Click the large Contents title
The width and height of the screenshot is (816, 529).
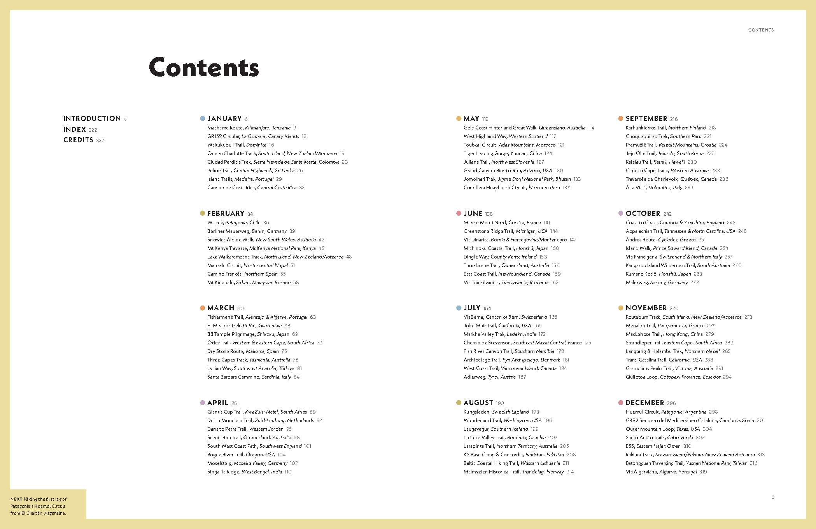[204, 68]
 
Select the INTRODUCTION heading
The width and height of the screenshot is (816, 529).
[92, 119]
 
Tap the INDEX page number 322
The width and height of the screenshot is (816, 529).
[93, 130]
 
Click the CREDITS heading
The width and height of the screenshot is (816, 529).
[78, 140]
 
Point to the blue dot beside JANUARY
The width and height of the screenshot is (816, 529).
[202, 119]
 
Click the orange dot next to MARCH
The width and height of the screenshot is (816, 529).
[202, 308]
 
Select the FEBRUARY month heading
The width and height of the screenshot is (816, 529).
[226, 213]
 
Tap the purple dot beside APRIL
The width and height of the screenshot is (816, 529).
[202, 403]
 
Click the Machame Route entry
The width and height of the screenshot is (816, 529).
[249, 128]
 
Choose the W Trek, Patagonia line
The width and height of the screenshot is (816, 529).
[234, 223]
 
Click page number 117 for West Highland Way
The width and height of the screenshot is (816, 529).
[553, 136]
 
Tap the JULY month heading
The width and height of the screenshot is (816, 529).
[472, 308]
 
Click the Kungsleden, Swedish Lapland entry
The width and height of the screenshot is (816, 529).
[496, 412]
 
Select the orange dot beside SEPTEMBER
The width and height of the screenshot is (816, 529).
[621, 119]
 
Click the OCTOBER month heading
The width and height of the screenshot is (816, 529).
[643, 213]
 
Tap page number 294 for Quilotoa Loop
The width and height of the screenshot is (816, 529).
[727, 377]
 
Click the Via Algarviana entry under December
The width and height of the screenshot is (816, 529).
[661, 472]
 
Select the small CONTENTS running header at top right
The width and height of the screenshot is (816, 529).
[761, 30]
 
